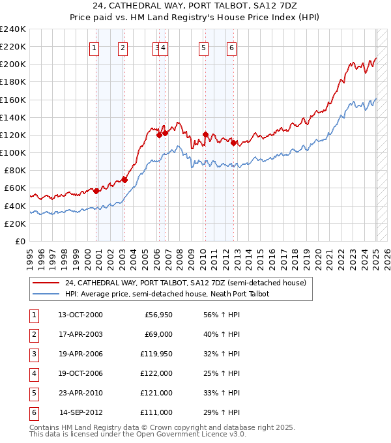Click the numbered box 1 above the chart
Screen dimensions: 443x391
pos(94,47)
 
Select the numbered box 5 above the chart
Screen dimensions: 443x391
pos(204,47)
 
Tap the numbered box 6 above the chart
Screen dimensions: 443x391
pos(231,47)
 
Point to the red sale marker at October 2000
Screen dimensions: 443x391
pos(96,191)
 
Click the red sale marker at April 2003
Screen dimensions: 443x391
pos(124,180)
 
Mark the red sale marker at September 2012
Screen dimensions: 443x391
pos(233,143)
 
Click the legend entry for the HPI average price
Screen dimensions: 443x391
pos(167,294)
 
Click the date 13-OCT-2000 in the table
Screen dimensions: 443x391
pos(80,315)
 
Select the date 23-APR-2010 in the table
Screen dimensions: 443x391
pos(80,393)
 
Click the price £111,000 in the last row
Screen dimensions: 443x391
pos(156,412)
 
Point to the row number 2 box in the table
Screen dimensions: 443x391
pos(33,334)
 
